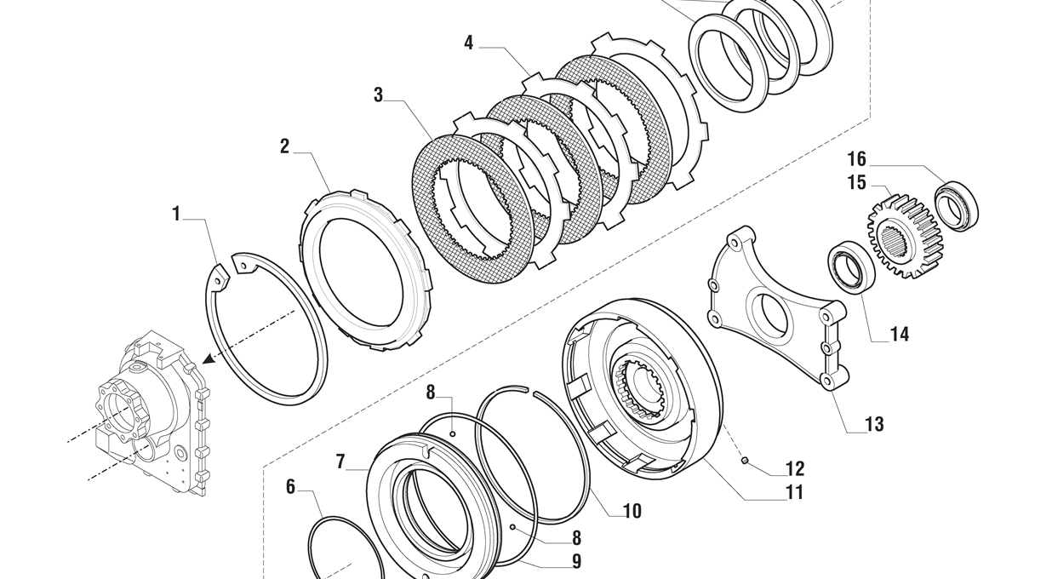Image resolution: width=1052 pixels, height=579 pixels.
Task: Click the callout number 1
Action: coord(177,214)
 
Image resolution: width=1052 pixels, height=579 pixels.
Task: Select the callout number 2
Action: coord(285,146)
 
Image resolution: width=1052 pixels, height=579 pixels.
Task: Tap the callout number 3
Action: coord(378,95)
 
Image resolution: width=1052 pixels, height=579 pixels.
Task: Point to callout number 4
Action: coord(469,43)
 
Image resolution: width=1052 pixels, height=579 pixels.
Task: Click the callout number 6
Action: coord(290,487)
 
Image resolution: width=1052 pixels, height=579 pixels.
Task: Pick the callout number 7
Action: coord(340,461)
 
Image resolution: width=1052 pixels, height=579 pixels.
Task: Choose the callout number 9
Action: coord(576,561)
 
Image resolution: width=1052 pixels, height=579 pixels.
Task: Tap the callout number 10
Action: coord(632,511)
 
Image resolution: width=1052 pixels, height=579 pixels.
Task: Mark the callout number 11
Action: coord(794,492)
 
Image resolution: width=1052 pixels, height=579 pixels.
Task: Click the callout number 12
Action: coord(794,468)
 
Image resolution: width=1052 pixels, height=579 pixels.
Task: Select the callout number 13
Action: coord(874,424)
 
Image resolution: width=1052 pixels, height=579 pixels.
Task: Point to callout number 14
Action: coord(899,335)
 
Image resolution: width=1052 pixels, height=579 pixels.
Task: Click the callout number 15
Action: coord(856,182)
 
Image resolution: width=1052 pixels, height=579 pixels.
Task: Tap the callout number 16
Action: coord(856,159)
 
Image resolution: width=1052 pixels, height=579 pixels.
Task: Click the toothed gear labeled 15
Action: coord(905,236)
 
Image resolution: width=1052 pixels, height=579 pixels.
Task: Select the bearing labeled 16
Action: coord(957,205)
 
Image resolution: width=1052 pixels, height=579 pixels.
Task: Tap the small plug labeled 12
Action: coord(745,461)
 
